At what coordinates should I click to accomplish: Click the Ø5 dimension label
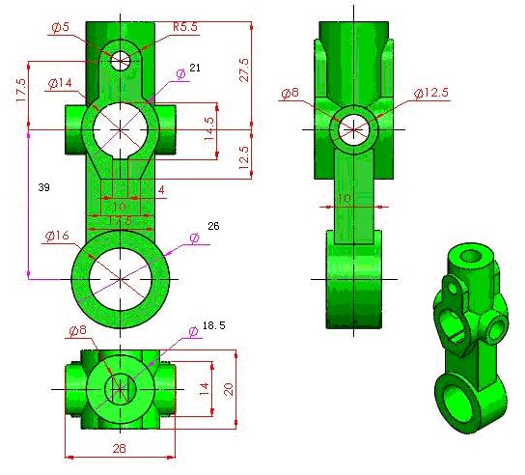pos(59,28)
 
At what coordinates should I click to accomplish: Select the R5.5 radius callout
pos(185,28)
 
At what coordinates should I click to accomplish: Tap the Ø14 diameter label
pos(60,84)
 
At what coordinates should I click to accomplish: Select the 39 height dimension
pos(43,187)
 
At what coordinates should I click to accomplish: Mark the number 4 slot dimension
pos(160,191)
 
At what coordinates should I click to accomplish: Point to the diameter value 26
pos(213,226)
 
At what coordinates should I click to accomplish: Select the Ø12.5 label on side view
pos(431,94)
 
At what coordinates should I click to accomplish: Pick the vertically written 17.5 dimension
pos(19,94)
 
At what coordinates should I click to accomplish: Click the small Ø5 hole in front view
pos(120,60)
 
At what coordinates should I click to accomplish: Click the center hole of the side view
pos(352,128)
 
